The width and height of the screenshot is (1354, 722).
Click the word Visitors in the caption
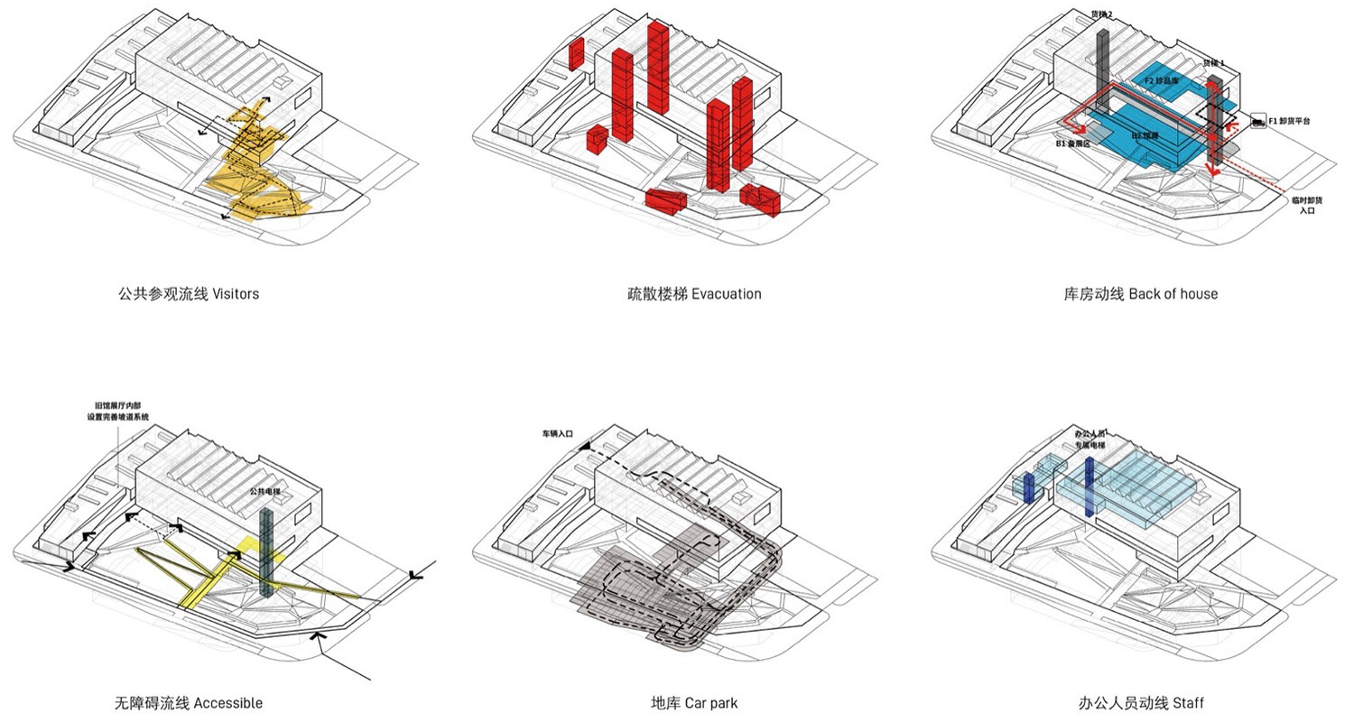236,294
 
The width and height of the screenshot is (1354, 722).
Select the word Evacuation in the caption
727,294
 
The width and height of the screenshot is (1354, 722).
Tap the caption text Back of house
1173,294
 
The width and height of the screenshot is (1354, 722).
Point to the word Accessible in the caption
227,703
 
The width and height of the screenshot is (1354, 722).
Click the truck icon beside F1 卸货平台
1257,119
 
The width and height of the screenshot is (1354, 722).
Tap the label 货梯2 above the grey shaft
1101,14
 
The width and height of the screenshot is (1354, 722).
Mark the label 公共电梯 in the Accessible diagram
264,492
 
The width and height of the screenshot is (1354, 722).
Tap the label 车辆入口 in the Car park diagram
557,434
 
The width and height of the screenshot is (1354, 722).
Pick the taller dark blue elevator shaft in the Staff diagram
1090,487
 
